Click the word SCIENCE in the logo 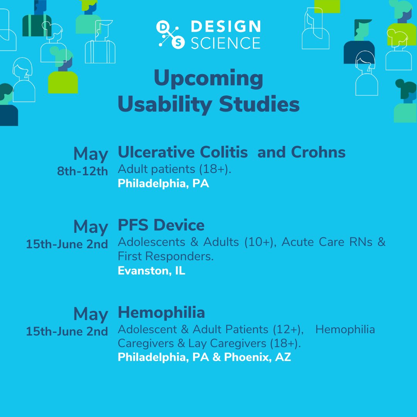tap(225, 43)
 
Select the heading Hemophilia tap(161, 312)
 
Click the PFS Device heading tap(161, 225)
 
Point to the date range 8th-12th tap(82, 171)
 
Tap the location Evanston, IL tap(151, 271)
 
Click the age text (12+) tap(285, 329)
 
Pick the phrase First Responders tap(166, 256)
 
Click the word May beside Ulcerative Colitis tap(91, 154)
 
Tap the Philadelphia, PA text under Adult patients tap(163, 183)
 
